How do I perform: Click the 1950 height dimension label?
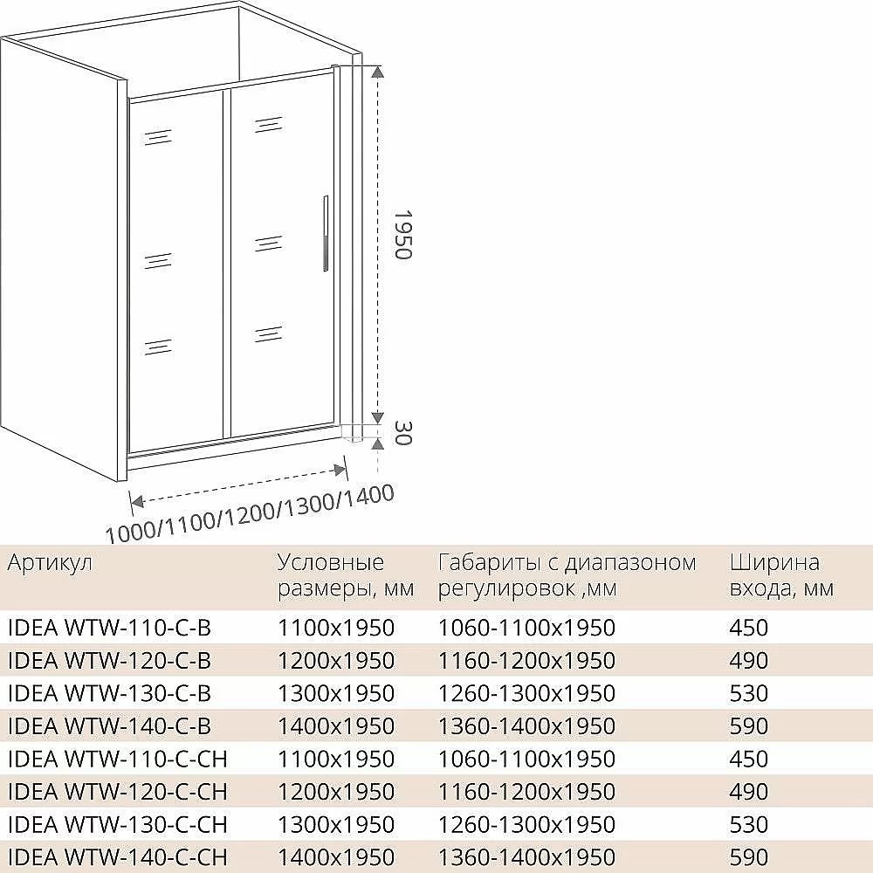[x=402, y=234]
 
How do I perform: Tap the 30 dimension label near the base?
[x=402, y=433]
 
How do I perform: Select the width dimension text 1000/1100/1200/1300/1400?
[x=250, y=513]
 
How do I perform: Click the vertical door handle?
[x=326, y=233]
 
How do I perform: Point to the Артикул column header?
[x=50, y=563]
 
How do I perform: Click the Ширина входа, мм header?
[x=781, y=575]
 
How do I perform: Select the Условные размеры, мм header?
[x=346, y=575]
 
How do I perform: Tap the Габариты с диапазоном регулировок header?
[x=567, y=575]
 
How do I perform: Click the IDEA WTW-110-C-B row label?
[x=110, y=628]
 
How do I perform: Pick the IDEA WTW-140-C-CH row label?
[x=118, y=857]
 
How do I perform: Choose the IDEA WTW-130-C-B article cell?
[x=110, y=693]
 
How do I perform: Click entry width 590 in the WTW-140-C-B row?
[x=749, y=726]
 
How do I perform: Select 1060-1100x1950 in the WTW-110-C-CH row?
[x=526, y=759]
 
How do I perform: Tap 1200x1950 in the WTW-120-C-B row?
[x=336, y=660]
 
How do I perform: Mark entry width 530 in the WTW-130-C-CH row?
[x=749, y=825]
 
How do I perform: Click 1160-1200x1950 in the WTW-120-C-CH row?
[x=526, y=792]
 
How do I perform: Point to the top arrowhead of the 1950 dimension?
[x=377, y=72]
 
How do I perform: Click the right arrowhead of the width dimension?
[x=339, y=470]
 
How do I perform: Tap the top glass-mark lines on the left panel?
[x=158, y=137]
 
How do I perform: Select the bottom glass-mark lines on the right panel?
[x=268, y=333]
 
